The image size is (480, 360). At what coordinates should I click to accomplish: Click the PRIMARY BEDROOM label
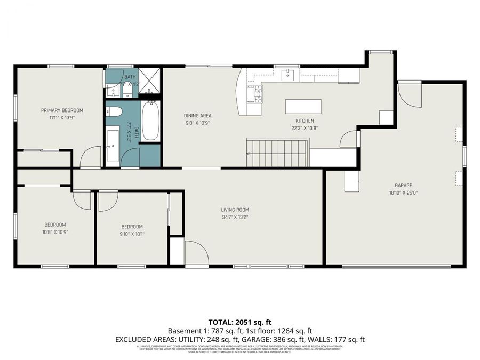[62, 110]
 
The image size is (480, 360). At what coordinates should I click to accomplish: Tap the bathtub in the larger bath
[150, 121]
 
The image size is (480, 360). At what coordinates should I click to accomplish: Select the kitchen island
[303, 106]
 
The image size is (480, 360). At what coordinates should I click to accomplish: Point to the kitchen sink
[288, 75]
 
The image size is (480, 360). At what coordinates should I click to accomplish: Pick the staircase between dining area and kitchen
[277, 153]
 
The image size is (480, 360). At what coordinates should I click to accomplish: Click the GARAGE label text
[404, 186]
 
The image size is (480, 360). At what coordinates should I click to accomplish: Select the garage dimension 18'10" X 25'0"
[404, 193]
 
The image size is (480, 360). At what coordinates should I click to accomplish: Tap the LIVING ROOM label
[235, 210]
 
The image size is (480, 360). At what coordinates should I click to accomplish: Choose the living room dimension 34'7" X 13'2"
[235, 217]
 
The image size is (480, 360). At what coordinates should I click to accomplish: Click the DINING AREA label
[198, 116]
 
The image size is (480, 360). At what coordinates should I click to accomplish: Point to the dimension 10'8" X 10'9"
[55, 232]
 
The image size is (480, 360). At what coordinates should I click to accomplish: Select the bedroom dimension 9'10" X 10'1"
[132, 233]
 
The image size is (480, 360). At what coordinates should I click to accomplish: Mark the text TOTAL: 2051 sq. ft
[239, 322]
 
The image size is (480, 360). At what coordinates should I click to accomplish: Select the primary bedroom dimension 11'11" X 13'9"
[62, 117]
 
